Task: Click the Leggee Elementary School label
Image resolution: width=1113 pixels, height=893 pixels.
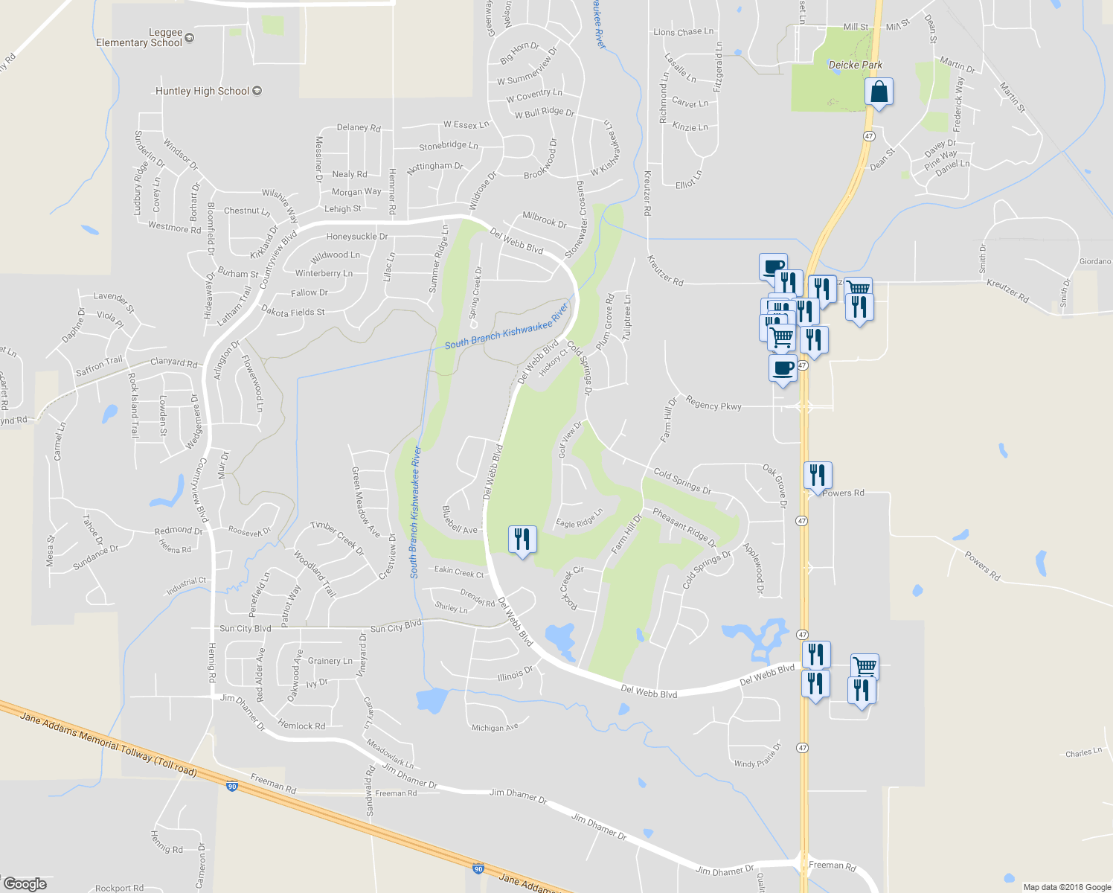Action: (x=139, y=37)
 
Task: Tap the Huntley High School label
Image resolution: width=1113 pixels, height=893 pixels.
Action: (x=202, y=91)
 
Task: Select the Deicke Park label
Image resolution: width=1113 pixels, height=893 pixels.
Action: (x=856, y=65)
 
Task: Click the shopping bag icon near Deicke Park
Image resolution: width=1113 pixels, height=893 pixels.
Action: (x=879, y=92)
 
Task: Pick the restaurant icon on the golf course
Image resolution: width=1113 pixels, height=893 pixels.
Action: (x=522, y=539)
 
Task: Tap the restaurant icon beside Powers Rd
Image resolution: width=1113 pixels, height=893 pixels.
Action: (x=818, y=475)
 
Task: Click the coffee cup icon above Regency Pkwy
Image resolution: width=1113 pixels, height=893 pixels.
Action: (x=783, y=368)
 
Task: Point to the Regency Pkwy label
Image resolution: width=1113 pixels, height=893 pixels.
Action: (x=713, y=405)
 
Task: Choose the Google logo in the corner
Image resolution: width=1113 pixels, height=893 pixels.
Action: (x=25, y=884)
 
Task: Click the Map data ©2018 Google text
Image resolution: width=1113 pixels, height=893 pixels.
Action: (x=1067, y=887)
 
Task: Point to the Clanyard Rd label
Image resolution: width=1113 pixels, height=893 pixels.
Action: (x=174, y=362)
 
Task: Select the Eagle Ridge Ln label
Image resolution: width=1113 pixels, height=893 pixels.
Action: (x=580, y=519)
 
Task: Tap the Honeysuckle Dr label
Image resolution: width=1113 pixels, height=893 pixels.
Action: (x=357, y=237)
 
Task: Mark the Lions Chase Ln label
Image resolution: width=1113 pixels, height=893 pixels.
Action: (x=683, y=32)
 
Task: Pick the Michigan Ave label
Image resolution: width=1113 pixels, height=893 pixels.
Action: (x=495, y=727)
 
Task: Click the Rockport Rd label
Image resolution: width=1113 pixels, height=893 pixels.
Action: (x=119, y=888)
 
